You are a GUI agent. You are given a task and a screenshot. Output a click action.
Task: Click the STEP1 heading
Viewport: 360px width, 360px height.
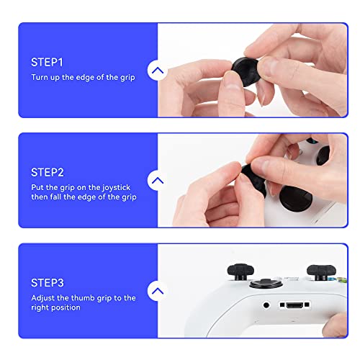(x=48, y=62)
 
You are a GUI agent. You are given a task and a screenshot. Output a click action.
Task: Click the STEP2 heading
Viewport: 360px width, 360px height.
(x=48, y=172)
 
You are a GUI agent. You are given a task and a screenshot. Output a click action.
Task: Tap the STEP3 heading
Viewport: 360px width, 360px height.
(x=48, y=282)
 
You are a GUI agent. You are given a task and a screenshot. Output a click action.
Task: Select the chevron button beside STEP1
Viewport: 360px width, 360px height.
(x=158, y=71)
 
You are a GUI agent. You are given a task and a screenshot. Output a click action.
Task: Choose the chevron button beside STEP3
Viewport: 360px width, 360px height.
(x=158, y=292)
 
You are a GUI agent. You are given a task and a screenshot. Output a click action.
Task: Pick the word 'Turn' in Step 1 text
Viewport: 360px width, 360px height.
(x=40, y=77)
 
